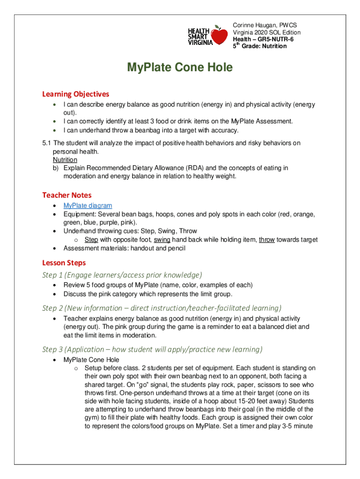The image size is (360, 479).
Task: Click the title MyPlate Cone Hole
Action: coord(180,68)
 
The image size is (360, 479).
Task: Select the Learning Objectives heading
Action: coord(75,94)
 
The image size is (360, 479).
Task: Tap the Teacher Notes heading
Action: coord(67,195)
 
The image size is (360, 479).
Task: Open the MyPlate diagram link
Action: coord(87,206)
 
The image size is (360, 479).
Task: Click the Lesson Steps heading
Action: coord(64,263)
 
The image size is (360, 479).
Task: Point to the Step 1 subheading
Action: coord(122,275)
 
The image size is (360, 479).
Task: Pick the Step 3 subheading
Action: coord(152,349)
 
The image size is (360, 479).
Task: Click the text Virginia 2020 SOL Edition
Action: coord(266,32)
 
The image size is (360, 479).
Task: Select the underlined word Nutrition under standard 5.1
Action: coord(65,160)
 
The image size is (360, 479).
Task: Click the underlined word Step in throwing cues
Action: coord(91,240)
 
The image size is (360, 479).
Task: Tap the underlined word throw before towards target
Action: coord(266,240)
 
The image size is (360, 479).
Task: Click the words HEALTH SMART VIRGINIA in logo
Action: coord(199,36)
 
